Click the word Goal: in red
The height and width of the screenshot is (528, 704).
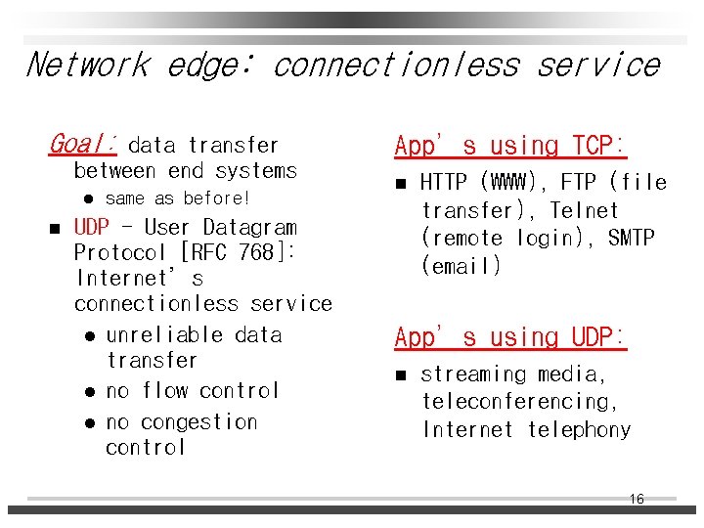coord(82,145)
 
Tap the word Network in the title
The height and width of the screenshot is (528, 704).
coord(87,66)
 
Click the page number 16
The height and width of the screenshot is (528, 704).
coord(636,500)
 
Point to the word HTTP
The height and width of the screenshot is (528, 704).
coord(447,183)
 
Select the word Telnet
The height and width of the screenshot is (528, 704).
coord(584,210)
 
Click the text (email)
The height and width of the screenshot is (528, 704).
coord(462,265)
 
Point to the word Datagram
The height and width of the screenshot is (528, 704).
coord(249,227)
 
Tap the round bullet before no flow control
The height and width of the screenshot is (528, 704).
coord(90,392)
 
